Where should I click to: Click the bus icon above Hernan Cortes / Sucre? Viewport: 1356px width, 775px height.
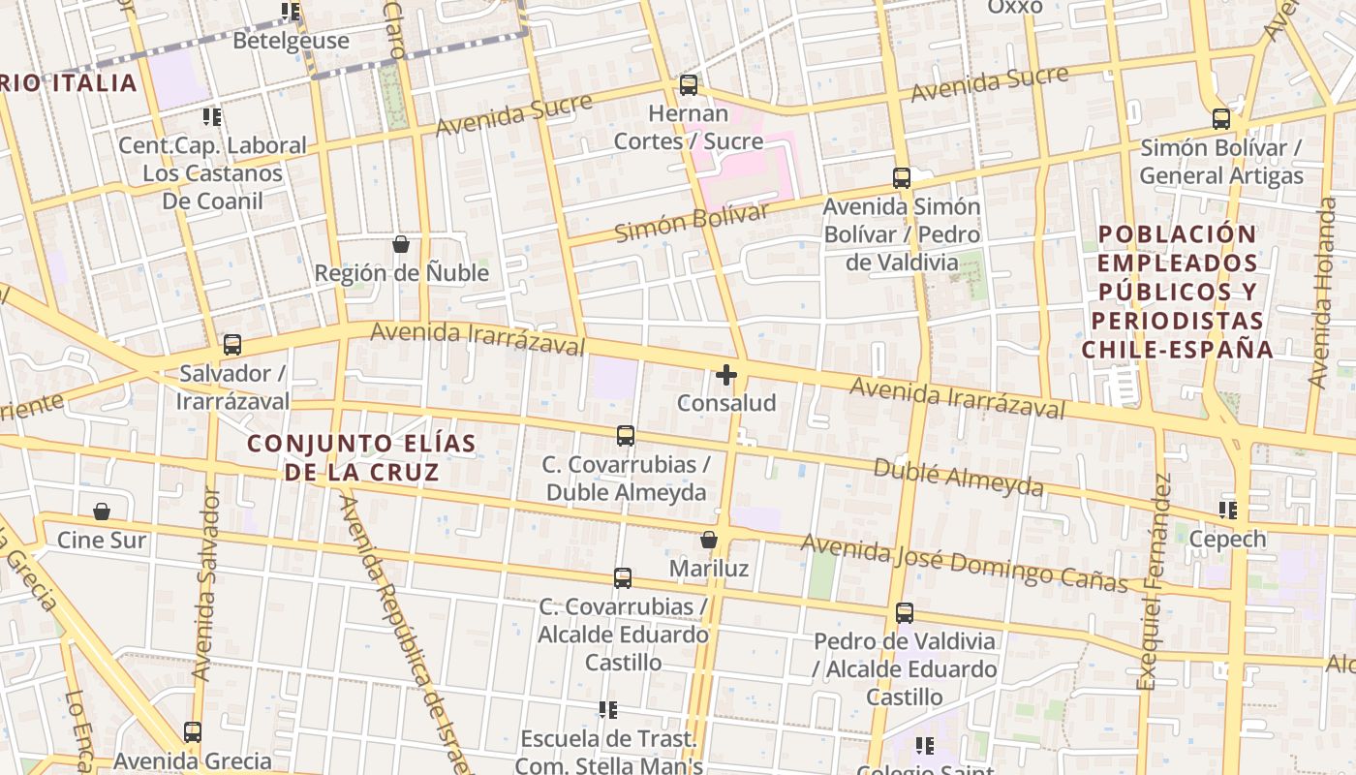689,85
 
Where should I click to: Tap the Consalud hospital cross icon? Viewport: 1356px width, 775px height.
726,375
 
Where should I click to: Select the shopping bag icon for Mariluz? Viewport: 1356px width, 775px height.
709,540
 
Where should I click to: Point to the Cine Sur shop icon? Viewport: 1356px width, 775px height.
102,511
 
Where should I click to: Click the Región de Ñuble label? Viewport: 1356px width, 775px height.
401,273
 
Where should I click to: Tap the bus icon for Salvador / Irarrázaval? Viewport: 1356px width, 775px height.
232,345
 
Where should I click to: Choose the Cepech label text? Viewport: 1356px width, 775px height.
1227,540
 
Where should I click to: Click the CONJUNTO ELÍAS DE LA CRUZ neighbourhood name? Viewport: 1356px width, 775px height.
361,458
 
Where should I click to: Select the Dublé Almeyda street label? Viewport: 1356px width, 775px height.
958,478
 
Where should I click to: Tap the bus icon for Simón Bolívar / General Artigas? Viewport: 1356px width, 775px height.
1221,119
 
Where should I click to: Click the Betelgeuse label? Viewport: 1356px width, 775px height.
291,41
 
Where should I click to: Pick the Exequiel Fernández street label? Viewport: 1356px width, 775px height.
1155,581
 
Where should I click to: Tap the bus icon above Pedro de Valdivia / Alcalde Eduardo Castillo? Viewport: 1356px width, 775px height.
904,612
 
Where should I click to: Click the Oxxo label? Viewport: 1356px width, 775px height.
1014,8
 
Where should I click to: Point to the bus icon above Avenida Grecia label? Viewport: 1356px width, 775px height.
193,731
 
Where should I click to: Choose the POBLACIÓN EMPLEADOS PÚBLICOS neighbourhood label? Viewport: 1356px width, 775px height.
1177,291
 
